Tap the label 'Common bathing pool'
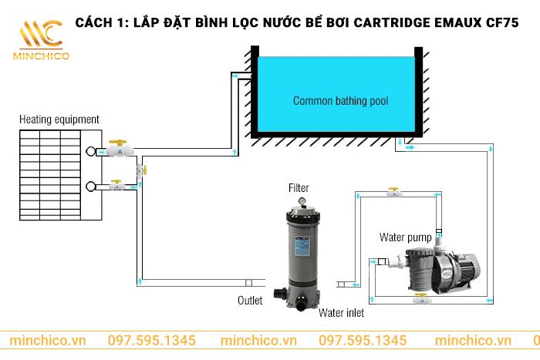point(340,101)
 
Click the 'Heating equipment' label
point(59,119)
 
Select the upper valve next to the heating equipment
point(118,149)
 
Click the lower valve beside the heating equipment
point(117,186)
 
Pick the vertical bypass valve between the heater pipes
point(140,169)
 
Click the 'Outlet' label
point(249,300)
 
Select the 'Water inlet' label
point(340,313)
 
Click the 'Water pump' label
point(405,237)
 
